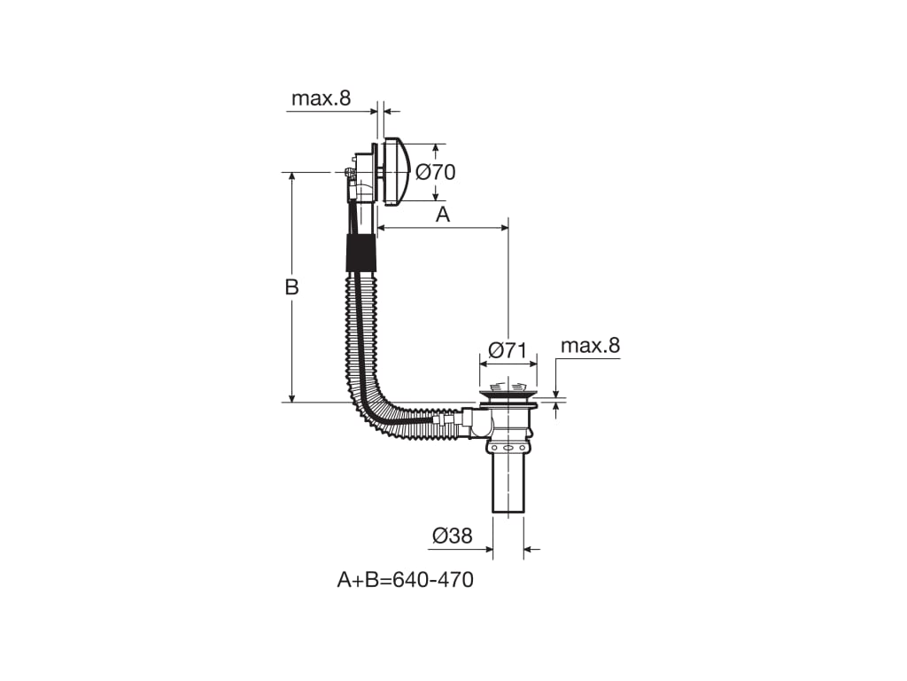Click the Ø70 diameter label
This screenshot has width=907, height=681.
coord(436,172)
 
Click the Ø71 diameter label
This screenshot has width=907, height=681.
coord(508,350)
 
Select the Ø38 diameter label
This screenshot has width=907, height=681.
coord(453,536)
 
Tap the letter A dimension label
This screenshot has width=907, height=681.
coord(443,215)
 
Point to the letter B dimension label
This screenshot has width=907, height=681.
coord(292,286)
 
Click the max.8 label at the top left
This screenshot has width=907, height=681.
coord(321,98)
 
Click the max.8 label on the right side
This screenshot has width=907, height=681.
coord(590,346)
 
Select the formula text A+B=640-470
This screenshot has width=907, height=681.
coord(406,580)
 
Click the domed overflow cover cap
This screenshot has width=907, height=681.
coord(397,171)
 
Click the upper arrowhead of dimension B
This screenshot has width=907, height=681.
coord(292,177)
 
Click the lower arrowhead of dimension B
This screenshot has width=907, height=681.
coord(292,396)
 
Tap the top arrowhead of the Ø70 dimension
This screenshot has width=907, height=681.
coord(436,149)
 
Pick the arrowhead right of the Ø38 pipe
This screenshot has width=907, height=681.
coord(530,549)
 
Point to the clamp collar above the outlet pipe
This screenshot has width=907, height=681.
coord(508,449)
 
